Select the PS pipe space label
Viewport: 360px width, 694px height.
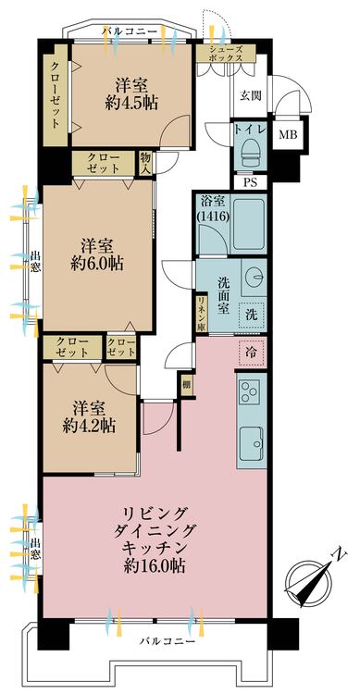250,182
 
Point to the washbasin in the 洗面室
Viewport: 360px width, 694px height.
255,277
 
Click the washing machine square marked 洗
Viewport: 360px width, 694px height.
252,315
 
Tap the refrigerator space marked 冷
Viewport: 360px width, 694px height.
251,353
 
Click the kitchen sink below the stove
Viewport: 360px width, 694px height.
252,443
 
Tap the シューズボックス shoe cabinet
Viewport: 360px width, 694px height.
227,53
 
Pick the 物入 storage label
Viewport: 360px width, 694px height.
145,163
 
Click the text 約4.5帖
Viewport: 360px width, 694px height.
132,104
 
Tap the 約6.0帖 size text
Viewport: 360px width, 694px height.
97,265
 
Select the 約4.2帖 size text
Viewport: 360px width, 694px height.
89,426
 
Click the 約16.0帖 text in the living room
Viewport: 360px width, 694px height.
155,565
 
